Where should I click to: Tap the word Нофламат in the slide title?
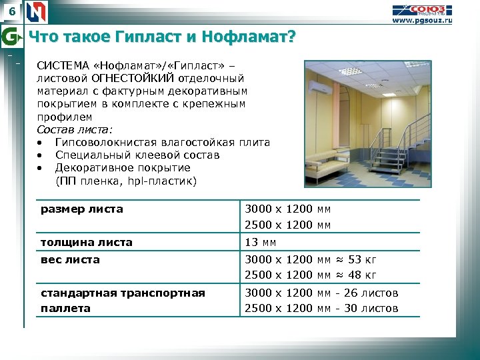[253, 37]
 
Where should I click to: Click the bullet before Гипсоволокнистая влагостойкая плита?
[41, 143]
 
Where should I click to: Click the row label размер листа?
[82, 209]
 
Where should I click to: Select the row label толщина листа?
[87, 242]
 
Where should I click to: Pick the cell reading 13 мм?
[261, 242]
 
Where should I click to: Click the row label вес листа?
[70, 259]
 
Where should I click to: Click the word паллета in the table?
[65, 308]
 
